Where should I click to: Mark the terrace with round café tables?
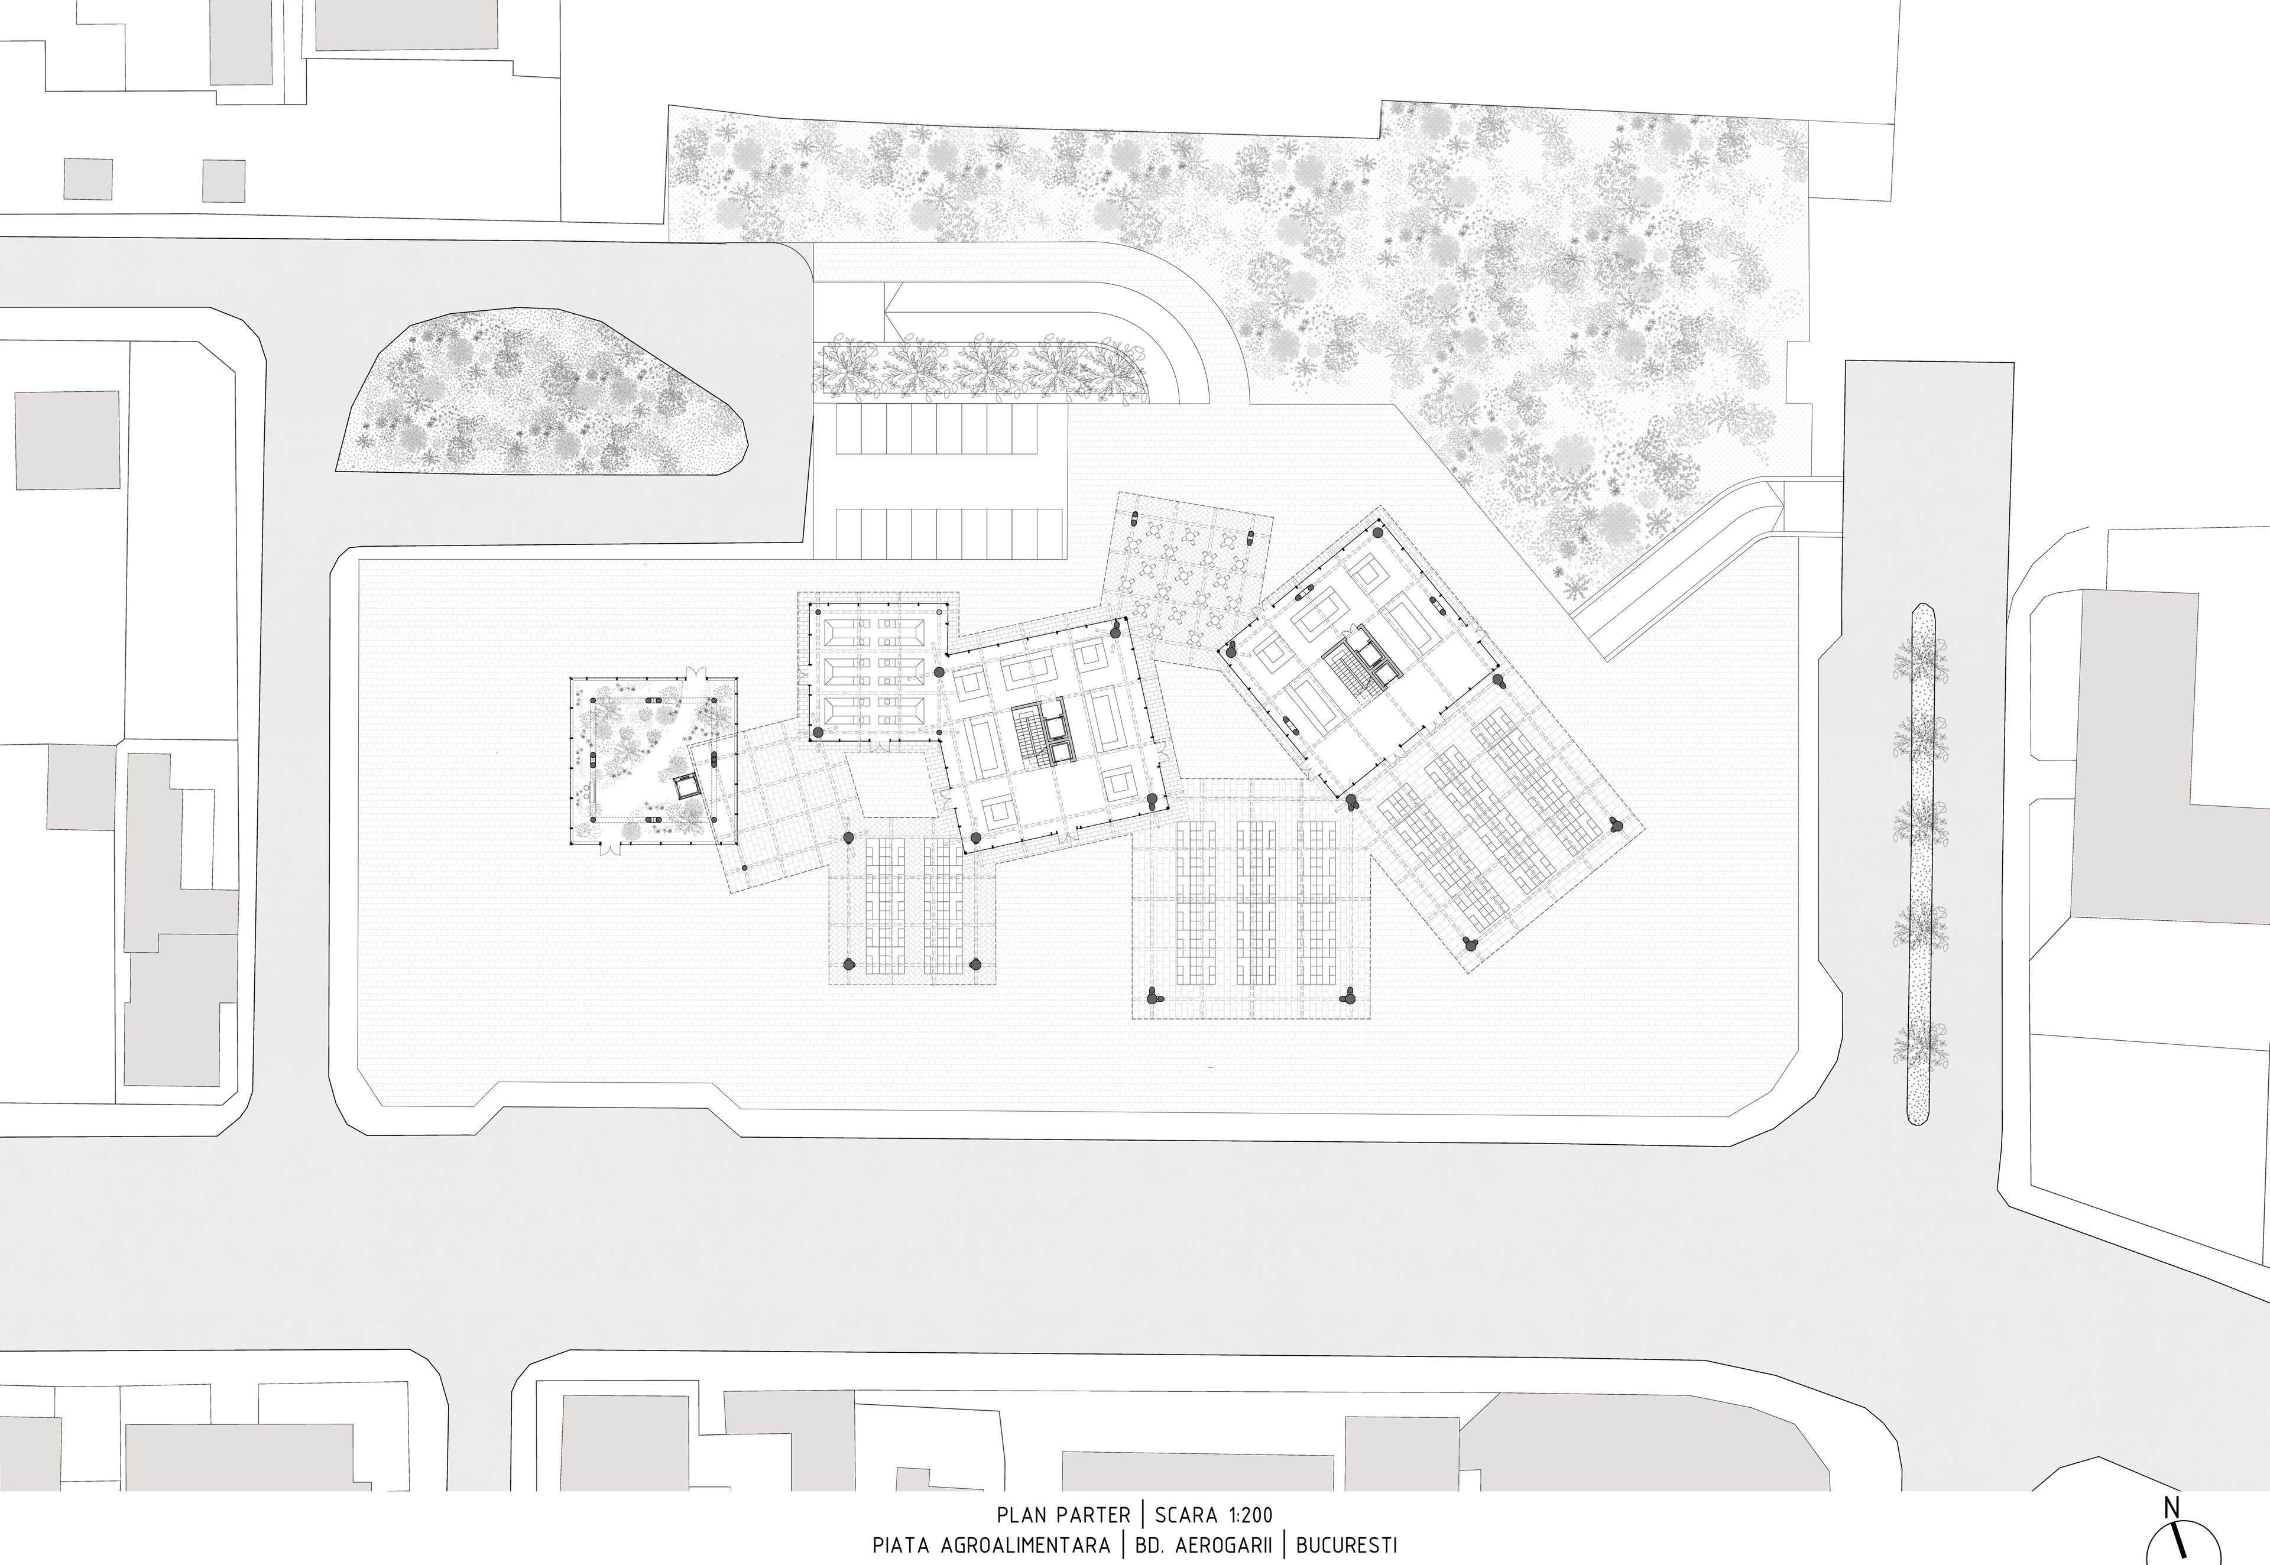point(1186,580)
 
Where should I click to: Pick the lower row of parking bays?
point(949,534)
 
